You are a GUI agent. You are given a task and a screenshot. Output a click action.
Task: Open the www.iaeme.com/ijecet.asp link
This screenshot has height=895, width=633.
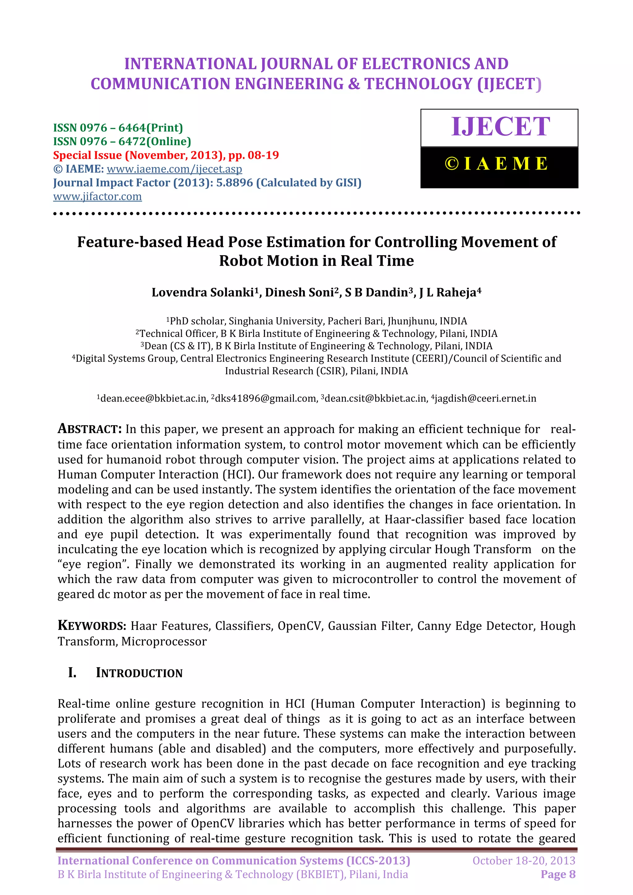[x=174, y=169]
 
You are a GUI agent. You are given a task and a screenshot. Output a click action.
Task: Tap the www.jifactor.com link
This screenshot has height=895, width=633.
[x=97, y=196]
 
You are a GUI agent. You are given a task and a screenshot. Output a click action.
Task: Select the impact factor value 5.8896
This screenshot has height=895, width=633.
[x=234, y=183]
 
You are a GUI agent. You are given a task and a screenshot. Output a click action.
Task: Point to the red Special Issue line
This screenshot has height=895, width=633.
[x=166, y=155]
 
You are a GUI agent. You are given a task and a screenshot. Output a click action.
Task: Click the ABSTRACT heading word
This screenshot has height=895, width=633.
[x=90, y=429]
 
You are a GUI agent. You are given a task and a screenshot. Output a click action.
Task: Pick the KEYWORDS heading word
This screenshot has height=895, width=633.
[x=92, y=626]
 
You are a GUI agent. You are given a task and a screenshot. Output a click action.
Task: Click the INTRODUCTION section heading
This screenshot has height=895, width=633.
[x=139, y=673]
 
